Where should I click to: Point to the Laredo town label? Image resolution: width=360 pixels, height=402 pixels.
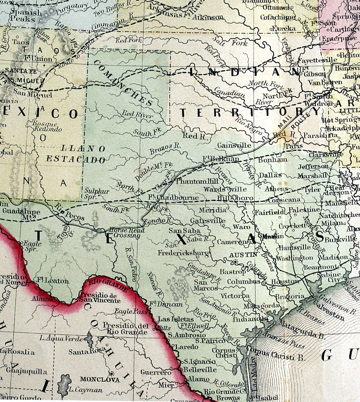click(x=183, y=346)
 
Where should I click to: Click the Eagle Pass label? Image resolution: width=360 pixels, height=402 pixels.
click(x=133, y=310)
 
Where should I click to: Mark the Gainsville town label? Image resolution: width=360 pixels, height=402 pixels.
click(x=233, y=146)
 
